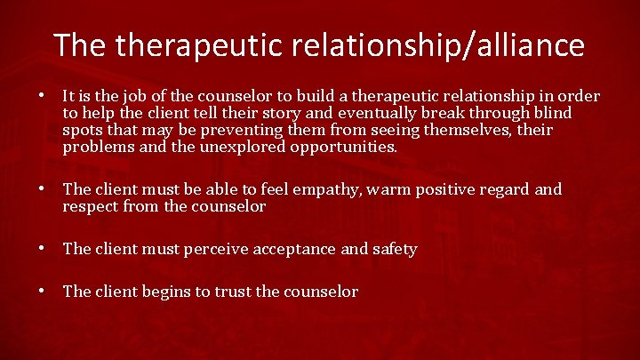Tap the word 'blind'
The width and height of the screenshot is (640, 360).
tap(551, 113)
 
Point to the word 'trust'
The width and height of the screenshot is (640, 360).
tap(233, 292)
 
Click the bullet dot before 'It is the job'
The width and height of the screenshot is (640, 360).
tap(43, 95)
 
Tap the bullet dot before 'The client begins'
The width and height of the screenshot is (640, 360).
tap(43, 291)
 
